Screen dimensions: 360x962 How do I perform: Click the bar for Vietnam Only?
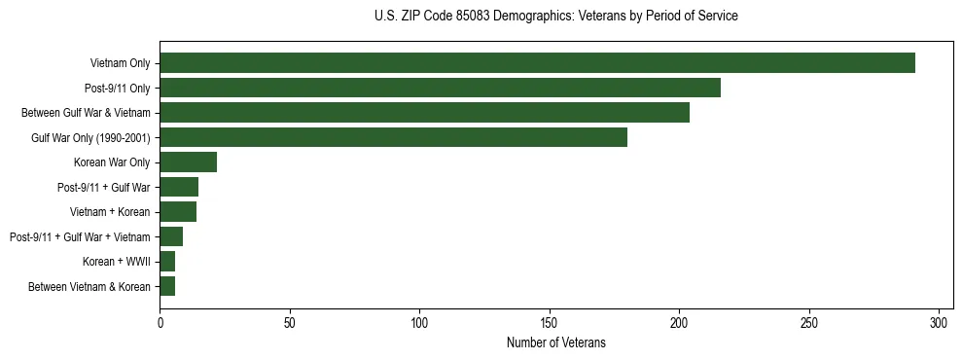537,63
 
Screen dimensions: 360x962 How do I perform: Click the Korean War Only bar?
188,162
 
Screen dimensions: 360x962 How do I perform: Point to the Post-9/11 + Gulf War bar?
179,187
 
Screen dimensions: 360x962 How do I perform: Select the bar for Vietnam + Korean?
178,212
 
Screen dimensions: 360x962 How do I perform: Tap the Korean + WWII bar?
167,262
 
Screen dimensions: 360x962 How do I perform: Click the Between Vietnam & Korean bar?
167,286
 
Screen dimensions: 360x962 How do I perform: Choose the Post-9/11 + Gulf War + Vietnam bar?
171,236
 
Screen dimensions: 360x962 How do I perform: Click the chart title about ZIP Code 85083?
555,17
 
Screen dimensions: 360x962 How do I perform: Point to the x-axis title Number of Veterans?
555,342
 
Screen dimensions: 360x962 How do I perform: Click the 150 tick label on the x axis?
550,322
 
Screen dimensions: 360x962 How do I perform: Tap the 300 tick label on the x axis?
939,322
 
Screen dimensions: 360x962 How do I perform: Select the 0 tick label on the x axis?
160,322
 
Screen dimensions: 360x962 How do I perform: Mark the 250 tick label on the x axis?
809,322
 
